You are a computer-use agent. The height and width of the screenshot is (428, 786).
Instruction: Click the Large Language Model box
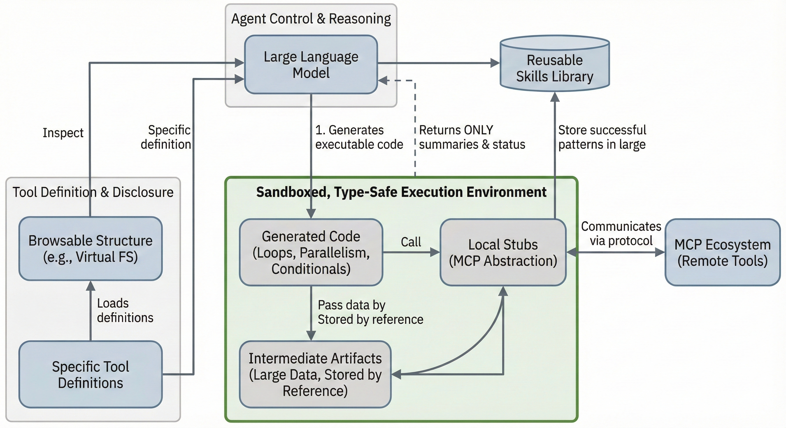click(311, 65)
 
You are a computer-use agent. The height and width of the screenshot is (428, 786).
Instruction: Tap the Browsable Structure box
click(90, 249)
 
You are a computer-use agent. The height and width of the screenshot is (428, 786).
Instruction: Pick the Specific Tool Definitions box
click(90, 374)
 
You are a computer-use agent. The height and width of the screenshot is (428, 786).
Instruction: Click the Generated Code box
click(311, 252)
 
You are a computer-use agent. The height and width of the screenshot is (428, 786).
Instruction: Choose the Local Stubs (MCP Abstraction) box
click(503, 252)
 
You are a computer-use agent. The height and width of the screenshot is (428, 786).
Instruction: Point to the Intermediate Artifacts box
click(315, 374)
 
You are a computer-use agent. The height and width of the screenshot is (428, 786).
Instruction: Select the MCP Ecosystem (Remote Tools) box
click(722, 252)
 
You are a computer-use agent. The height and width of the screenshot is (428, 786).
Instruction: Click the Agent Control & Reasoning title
click(311, 19)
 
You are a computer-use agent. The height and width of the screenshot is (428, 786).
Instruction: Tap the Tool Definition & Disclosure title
click(93, 192)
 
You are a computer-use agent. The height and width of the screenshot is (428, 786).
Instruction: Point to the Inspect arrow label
click(63, 133)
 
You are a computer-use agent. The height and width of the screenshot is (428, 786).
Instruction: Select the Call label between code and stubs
click(411, 242)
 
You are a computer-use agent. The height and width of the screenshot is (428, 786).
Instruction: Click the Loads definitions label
click(125, 310)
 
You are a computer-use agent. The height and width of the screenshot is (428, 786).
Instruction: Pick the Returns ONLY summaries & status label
click(472, 137)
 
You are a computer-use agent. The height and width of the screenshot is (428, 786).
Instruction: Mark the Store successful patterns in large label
click(602, 137)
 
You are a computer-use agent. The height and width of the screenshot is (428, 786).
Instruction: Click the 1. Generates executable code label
click(359, 137)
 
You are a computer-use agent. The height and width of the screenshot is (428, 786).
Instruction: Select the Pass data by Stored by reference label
click(370, 312)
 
